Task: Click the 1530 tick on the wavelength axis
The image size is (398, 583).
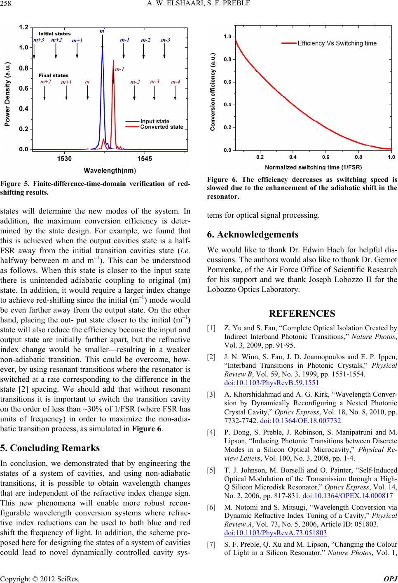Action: point(65,158)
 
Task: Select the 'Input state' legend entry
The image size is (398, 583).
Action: point(155,121)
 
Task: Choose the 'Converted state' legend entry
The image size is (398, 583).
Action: point(162,127)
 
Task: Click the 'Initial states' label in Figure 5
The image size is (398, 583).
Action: point(54,33)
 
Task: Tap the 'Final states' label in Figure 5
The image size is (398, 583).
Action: point(54,75)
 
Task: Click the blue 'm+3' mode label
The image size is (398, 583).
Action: point(38,40)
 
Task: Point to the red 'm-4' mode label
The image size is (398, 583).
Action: point(176,82)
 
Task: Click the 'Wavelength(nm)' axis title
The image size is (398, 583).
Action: point(110,170)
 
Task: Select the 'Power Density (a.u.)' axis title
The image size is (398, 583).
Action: point(8,88)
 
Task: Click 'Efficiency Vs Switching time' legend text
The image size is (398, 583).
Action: point(337,43)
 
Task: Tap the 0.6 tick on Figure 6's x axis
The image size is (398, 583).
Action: point(325,157)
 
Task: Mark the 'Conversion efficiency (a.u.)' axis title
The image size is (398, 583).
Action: point(213,92)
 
